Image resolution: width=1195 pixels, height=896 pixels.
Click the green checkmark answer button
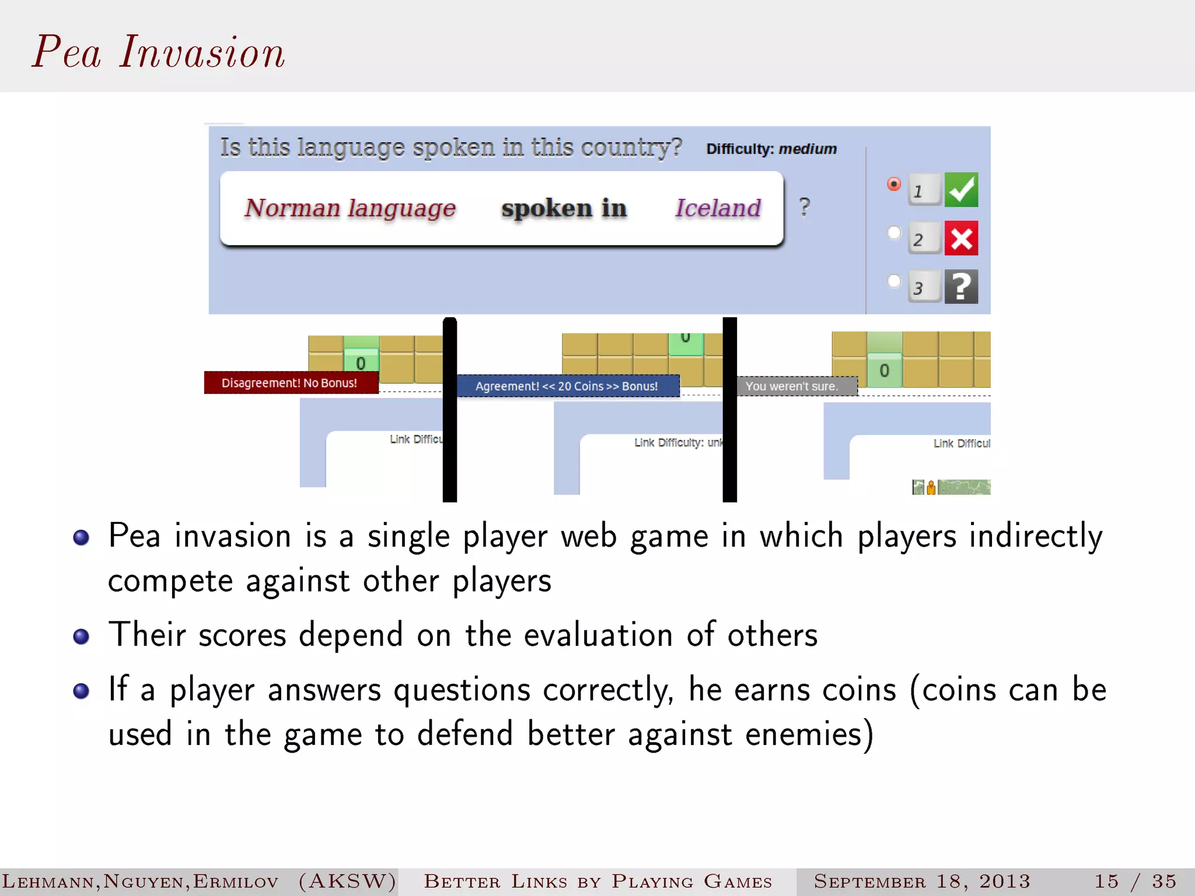pos(961,190)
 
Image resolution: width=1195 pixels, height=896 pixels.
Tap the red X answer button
pos(961,238)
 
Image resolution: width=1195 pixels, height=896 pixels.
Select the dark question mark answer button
pos(961,286)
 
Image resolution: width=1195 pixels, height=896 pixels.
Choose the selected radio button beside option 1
pos(894,184)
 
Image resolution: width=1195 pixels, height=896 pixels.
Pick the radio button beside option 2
pos(894,233)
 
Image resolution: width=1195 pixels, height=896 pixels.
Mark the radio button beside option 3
pos(894,281)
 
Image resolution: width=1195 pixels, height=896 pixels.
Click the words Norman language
pos(350,208)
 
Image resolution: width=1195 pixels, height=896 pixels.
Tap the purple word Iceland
pos(718,208)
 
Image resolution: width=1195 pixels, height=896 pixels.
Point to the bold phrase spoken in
pos(564,208)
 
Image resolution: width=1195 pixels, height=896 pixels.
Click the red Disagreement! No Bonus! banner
pos(291,383)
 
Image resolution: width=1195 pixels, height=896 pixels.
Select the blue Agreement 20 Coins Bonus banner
pos(567,386)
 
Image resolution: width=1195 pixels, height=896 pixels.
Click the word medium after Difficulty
pos(808,149)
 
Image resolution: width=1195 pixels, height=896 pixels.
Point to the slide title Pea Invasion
pos(158,52)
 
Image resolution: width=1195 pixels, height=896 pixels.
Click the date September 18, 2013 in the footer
pos(922,881)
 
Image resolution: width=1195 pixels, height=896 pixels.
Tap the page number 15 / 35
pos(1135,881)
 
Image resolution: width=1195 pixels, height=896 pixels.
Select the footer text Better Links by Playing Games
pos(598,881)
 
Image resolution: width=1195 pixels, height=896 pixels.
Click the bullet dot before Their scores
pos(81,636)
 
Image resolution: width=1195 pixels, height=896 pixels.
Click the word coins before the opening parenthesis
pos(858,690)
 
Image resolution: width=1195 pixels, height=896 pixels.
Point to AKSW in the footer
pos(348,881)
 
